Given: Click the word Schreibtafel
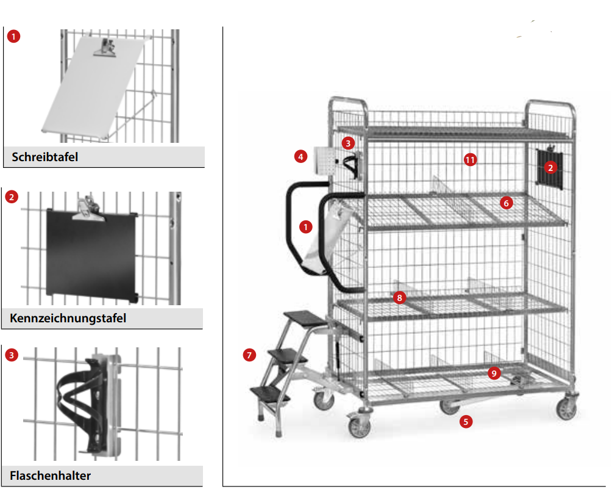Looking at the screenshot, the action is (x=44, y=157).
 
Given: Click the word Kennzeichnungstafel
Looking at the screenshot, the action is (x=68, y=318).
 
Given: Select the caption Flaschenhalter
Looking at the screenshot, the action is (x=50, y=476).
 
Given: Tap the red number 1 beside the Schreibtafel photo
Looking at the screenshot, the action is (x=14, y=37).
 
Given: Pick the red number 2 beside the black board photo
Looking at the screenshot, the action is (x=12, y=197).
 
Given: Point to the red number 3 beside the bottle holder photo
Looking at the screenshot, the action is (x=12, y=355).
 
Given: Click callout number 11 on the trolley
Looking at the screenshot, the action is (x=471, y=160).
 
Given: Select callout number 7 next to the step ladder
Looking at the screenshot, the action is (x=249, y=355).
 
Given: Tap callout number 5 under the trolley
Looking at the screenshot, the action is (x=466, y=422).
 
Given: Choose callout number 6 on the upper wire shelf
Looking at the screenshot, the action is (x=507, y=203).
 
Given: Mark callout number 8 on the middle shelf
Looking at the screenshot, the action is (x=400, y=298).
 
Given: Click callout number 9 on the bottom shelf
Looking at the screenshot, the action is (x=494, y=373).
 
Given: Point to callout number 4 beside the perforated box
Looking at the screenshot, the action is (x=301, y=157).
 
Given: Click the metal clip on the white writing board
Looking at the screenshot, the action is (x=105, y=48).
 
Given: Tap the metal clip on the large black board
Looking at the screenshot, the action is (x=88, y=209).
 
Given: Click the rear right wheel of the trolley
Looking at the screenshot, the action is (x=567, y=408).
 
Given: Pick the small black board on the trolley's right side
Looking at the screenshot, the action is (x=550, y=168).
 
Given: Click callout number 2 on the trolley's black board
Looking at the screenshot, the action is (x=550, y=168).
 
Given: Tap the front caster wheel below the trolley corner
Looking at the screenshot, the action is (x=360, y=426).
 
